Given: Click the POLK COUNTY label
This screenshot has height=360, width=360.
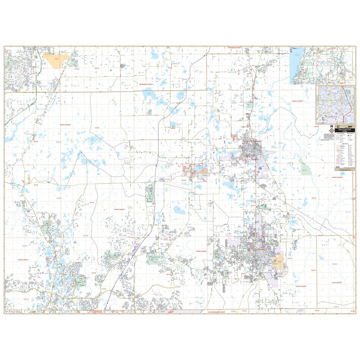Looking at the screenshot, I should point(337,283).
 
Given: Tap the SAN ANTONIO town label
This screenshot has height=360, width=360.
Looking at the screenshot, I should point(185,167).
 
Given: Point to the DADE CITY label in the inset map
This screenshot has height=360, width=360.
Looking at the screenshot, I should point(332,117).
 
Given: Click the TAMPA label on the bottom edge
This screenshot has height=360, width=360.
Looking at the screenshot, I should point(170,312).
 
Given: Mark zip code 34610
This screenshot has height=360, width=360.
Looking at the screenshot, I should point(59,142).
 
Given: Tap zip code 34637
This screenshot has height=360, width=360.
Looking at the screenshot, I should point(59,198).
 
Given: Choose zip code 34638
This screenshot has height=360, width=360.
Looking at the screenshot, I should point(25,246).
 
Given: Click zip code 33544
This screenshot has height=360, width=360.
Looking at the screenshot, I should point(122,239).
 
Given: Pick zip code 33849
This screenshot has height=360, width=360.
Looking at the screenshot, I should point(334,264).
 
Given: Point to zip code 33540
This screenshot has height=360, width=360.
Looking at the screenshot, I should point(290,259).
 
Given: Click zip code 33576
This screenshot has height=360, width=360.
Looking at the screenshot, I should point(168,179).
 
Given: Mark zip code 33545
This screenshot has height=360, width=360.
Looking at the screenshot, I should point(197,227).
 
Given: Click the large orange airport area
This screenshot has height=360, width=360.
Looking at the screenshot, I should point(57,60).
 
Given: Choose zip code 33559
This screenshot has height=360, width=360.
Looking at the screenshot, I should point(103,289).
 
